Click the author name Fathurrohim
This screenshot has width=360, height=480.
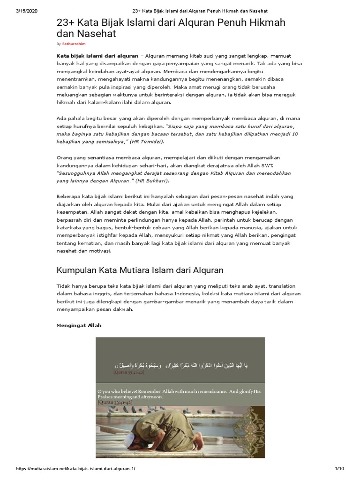74,44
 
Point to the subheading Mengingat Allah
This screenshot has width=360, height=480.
78,325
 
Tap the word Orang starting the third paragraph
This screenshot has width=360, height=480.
66,157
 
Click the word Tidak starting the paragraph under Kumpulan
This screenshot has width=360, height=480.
64,286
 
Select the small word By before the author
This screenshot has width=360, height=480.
59,44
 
